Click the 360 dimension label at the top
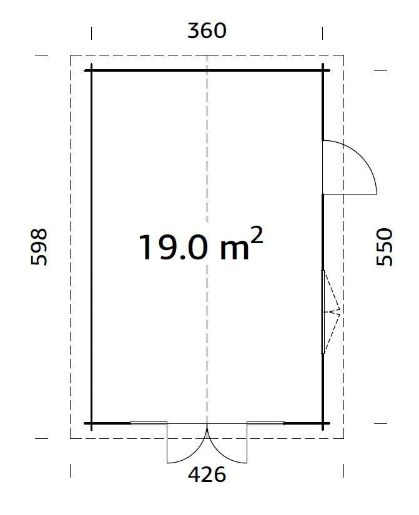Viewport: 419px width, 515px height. click(x=207, y=31)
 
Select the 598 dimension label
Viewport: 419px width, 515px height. click(x=39, y=247)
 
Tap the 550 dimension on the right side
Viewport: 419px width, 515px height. click(x=385, y=247)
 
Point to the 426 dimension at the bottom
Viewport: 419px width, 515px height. click(x=207, y=475)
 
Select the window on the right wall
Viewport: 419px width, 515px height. click(x=323, y=312)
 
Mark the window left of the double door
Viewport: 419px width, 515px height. click(x=149, y=423)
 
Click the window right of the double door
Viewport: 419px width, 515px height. click(x=265, y=423)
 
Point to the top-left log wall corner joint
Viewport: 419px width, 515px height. click(x=92, y=70)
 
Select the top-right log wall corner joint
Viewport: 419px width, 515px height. click(x=323, y=70)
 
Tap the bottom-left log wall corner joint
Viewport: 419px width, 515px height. click(x=92, y=424)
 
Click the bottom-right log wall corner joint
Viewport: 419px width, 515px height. click(x=323, y=424)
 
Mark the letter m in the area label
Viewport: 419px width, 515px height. click(x=234, y=249)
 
